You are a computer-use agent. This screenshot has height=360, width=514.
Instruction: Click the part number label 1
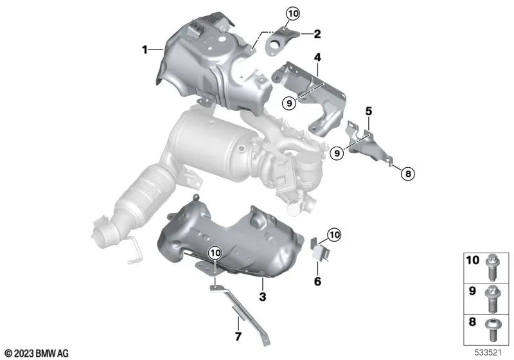(x=145, y=48)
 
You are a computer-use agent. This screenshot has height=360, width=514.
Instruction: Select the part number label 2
(x=317, y=32)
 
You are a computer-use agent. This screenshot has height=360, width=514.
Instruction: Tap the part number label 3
(x=263, y=296)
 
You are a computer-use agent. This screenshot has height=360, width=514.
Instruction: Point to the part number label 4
(x=317, y=58)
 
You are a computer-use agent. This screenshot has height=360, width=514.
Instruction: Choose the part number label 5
(x=369, y=111)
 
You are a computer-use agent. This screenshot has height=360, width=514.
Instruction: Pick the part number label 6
(x=317, y=281)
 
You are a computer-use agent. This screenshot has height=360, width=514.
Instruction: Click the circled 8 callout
(x=407, y=172)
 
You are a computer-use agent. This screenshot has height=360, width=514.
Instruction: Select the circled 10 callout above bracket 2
(x=293, y=13)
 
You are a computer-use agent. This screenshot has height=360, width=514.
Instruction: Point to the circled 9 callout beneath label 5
(x=337, y=153)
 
